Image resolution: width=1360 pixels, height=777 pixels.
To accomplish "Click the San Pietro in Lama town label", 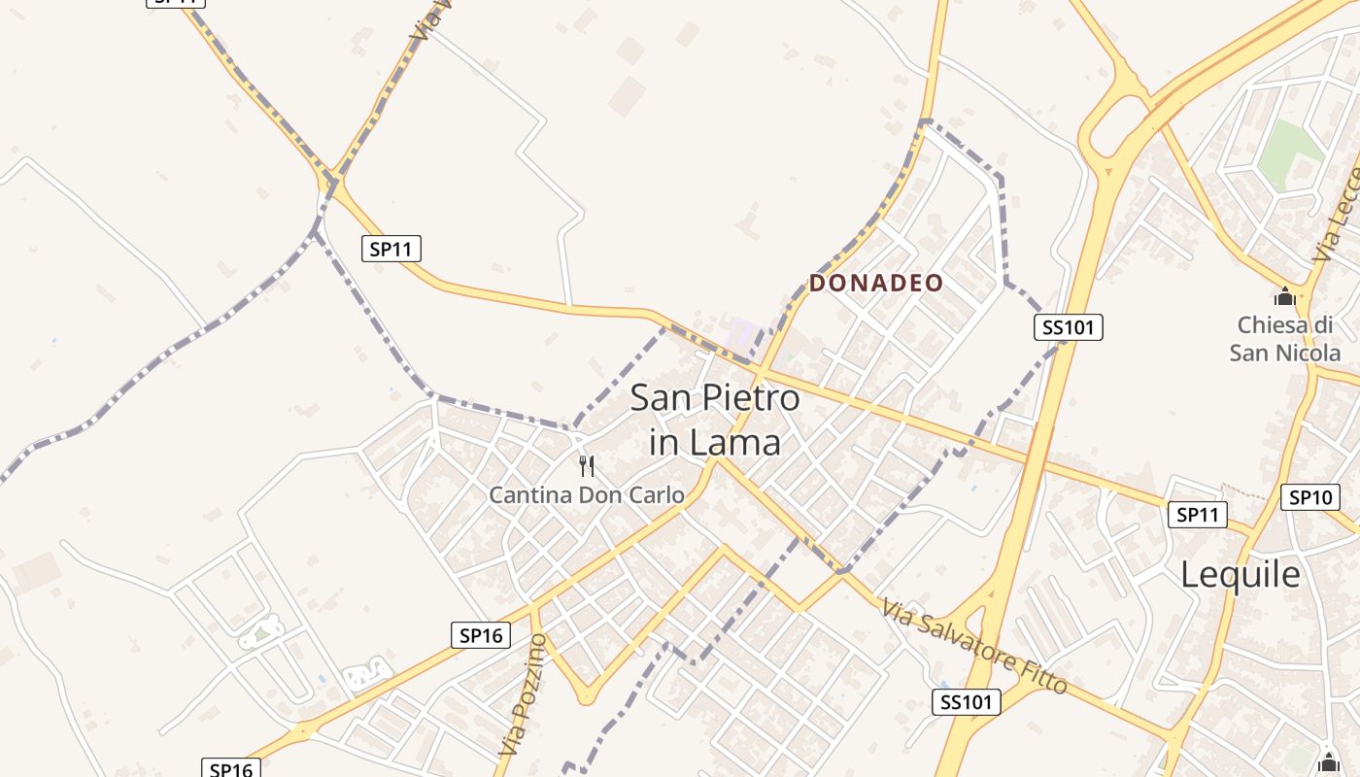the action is click(x=715, y=420).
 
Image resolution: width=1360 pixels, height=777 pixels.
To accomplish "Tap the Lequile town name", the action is click(x=1241, y=574).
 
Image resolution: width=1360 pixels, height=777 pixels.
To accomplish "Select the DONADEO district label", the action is click(x=876, y=284).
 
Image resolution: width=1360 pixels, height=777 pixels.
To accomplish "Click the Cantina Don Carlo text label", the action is click(x=587, y=494).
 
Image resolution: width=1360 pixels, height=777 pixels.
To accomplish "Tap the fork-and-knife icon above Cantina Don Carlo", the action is click(x=587, y=466).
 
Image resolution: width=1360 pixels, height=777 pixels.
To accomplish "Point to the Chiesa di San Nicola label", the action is click(x=1284, y=338).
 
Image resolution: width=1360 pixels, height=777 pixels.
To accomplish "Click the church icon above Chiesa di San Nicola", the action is click(x=1285, y=296).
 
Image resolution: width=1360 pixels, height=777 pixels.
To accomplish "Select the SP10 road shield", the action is click(x=1309, y=497).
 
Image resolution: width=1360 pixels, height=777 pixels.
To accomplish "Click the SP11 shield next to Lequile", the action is click(x=1196, y=515).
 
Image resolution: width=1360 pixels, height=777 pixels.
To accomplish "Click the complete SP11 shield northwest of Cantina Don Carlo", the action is click(x=391, y=249).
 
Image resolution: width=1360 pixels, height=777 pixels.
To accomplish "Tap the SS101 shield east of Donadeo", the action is click(x=1068, y=327).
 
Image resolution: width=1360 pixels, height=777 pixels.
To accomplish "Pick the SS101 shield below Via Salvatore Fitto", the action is click(x=967, y=701).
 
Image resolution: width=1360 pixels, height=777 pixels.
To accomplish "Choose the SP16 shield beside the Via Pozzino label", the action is click(x=481, y=635).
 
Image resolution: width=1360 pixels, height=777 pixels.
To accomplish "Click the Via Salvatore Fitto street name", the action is click(x=974, y=646).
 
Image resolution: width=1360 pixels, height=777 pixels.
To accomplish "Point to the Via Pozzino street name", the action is click(x=524, y=694).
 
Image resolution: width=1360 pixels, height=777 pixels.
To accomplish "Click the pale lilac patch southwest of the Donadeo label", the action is click(x=742, y=333).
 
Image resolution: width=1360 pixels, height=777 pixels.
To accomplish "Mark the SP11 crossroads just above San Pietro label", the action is click(x=761, y=369).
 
